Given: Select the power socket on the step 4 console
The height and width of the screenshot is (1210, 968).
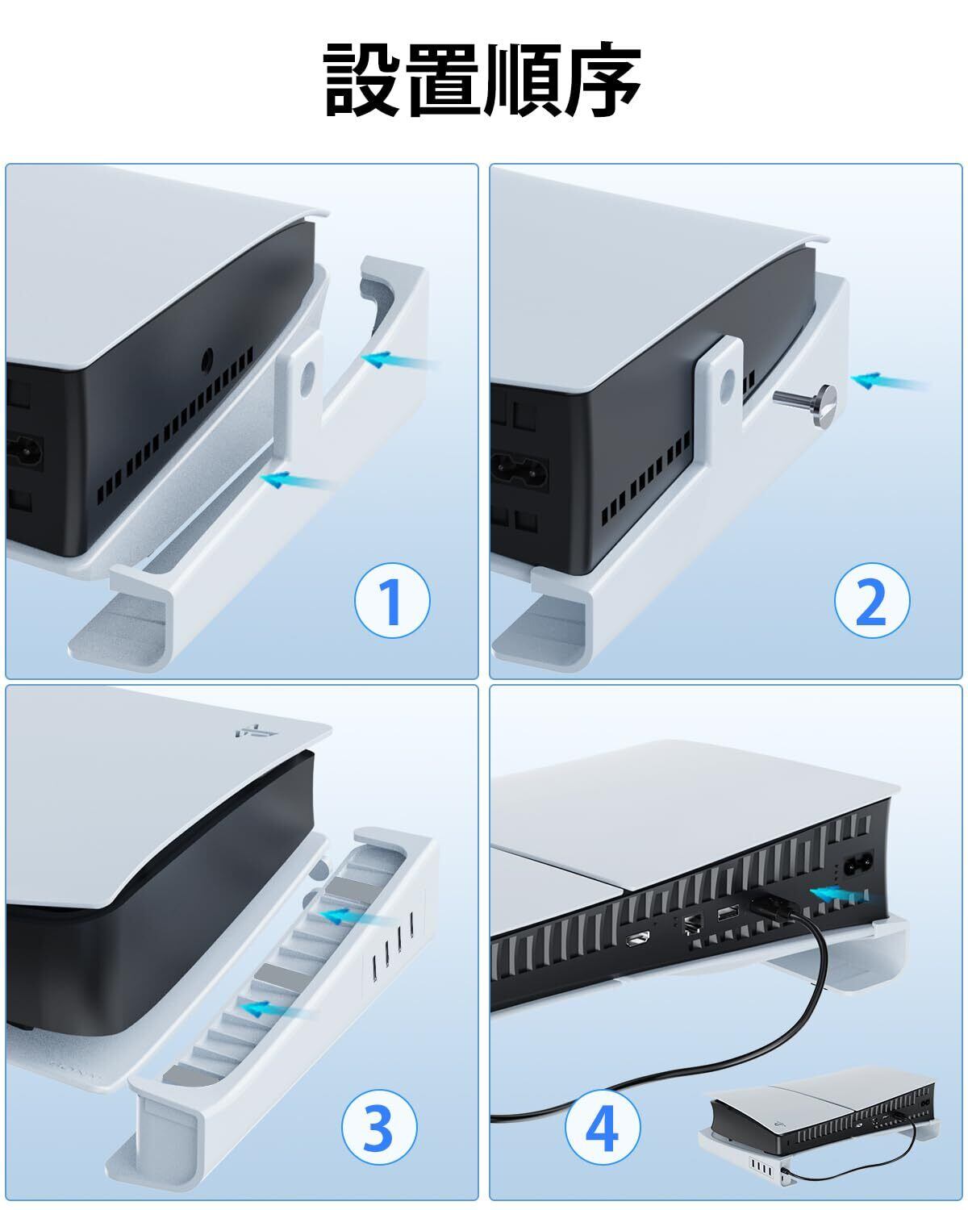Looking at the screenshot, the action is [x=857, y=868].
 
